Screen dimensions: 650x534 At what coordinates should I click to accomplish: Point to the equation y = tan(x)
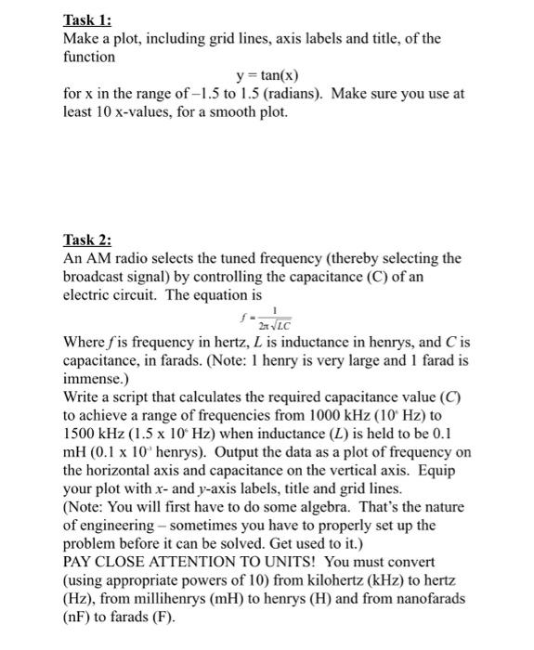[267, 75]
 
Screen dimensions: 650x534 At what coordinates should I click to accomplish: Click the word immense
[92, 380]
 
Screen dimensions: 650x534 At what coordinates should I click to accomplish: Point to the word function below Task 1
[89, 57]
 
